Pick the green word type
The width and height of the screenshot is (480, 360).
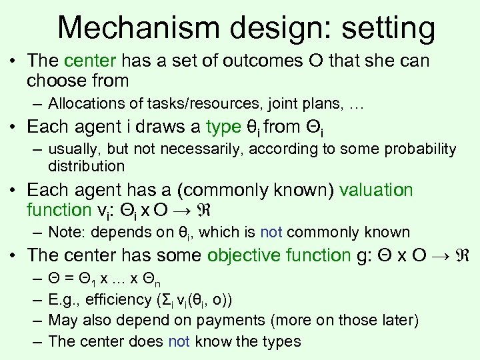pyautogui.click(x=223, y=127)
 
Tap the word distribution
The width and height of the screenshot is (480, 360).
pyautogui.click(x=87, y=165)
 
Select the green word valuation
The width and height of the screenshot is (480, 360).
pyautogui.click(x=376, y=190)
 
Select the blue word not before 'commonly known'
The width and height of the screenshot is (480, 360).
pyautogui.click(x=272, y=233)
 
